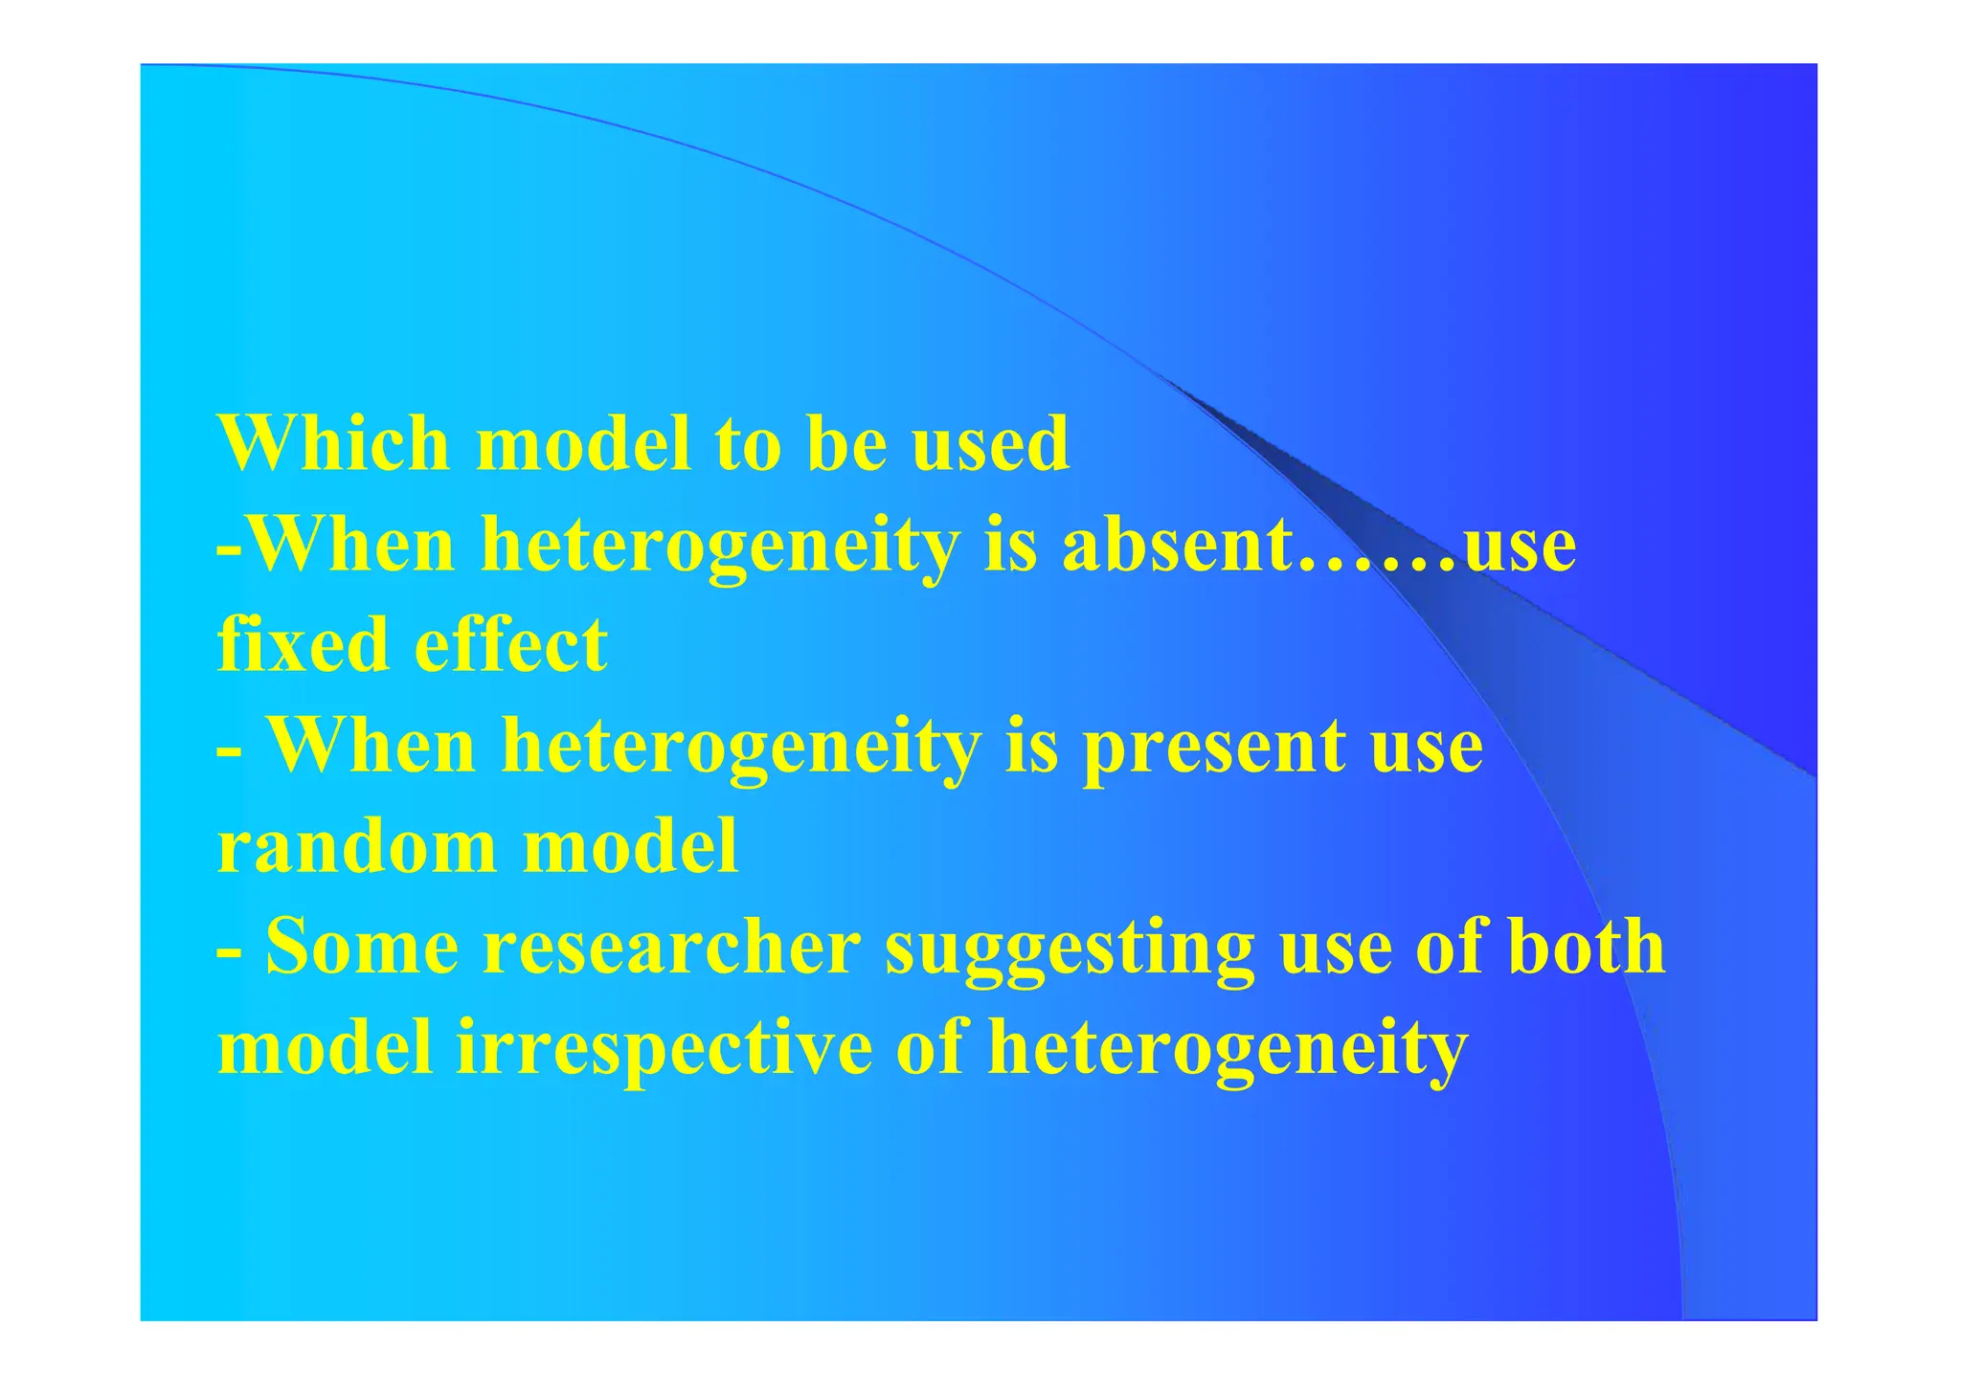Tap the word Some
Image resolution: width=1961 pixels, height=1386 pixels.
pos(362,947)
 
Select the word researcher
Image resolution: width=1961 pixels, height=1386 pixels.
pos(671,947)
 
